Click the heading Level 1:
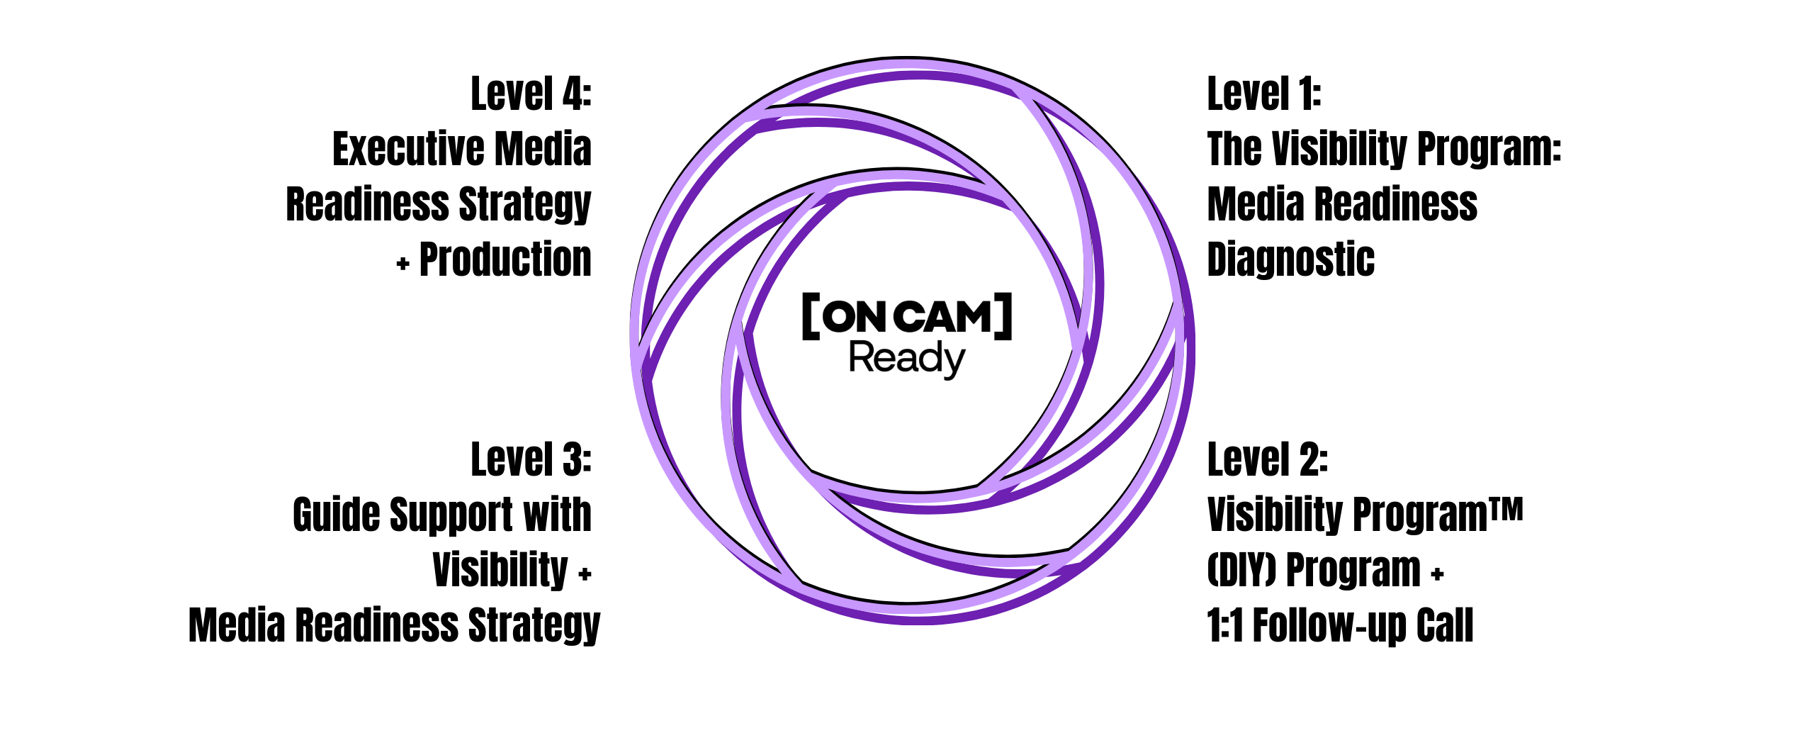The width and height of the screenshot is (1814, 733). pos(1263,94)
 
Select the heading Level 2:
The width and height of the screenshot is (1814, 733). pos(1267,460)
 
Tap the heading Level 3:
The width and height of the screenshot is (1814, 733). pos(531,460)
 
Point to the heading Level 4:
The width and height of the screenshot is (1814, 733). pos(531,94)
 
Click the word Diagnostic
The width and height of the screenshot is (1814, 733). pos(1290,259)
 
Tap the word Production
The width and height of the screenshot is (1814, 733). pos(505,259)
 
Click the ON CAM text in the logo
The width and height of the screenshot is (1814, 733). pos(908,317)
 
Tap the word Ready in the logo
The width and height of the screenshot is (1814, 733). pos(906,359)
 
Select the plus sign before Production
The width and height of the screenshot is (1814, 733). pos(403,264)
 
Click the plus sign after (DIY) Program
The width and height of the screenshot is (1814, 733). pos(1437,574)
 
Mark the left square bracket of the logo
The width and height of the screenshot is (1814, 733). pos(811,316)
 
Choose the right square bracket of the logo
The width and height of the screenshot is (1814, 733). pos(1003,316)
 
